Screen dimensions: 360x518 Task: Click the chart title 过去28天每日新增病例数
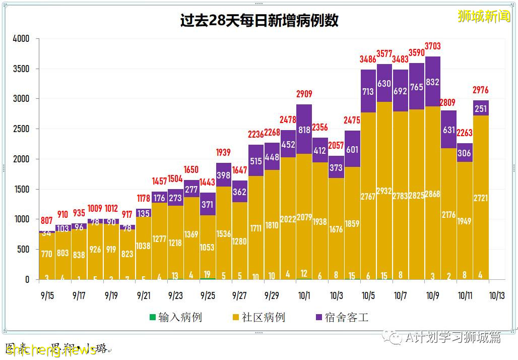(x=259, y=21)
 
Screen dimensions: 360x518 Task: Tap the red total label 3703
(x=432, y=46)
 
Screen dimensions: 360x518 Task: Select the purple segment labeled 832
(x=432, y=82)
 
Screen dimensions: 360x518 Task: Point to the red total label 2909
(x=304, y=94)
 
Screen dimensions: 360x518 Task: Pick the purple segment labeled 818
(x=304, y=129)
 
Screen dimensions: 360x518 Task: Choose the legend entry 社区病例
(x=258, y=317)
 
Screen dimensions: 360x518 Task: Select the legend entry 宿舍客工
(x=342, y=317)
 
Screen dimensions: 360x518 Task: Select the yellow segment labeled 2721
(x=481, y=197)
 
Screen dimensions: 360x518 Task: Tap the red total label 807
(x=47, y=220)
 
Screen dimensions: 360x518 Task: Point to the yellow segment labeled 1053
(x=208, y=247)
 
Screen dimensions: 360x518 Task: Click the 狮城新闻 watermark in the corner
(x=484, y=16)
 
